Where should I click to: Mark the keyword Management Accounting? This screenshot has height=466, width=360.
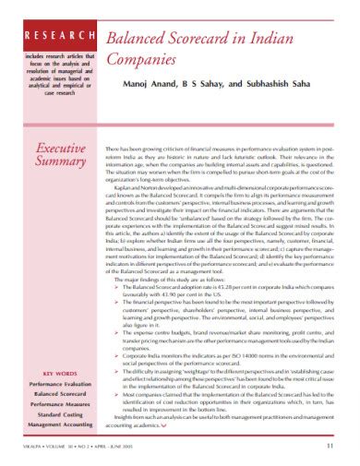pyautogui.click(x=58, y=426)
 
